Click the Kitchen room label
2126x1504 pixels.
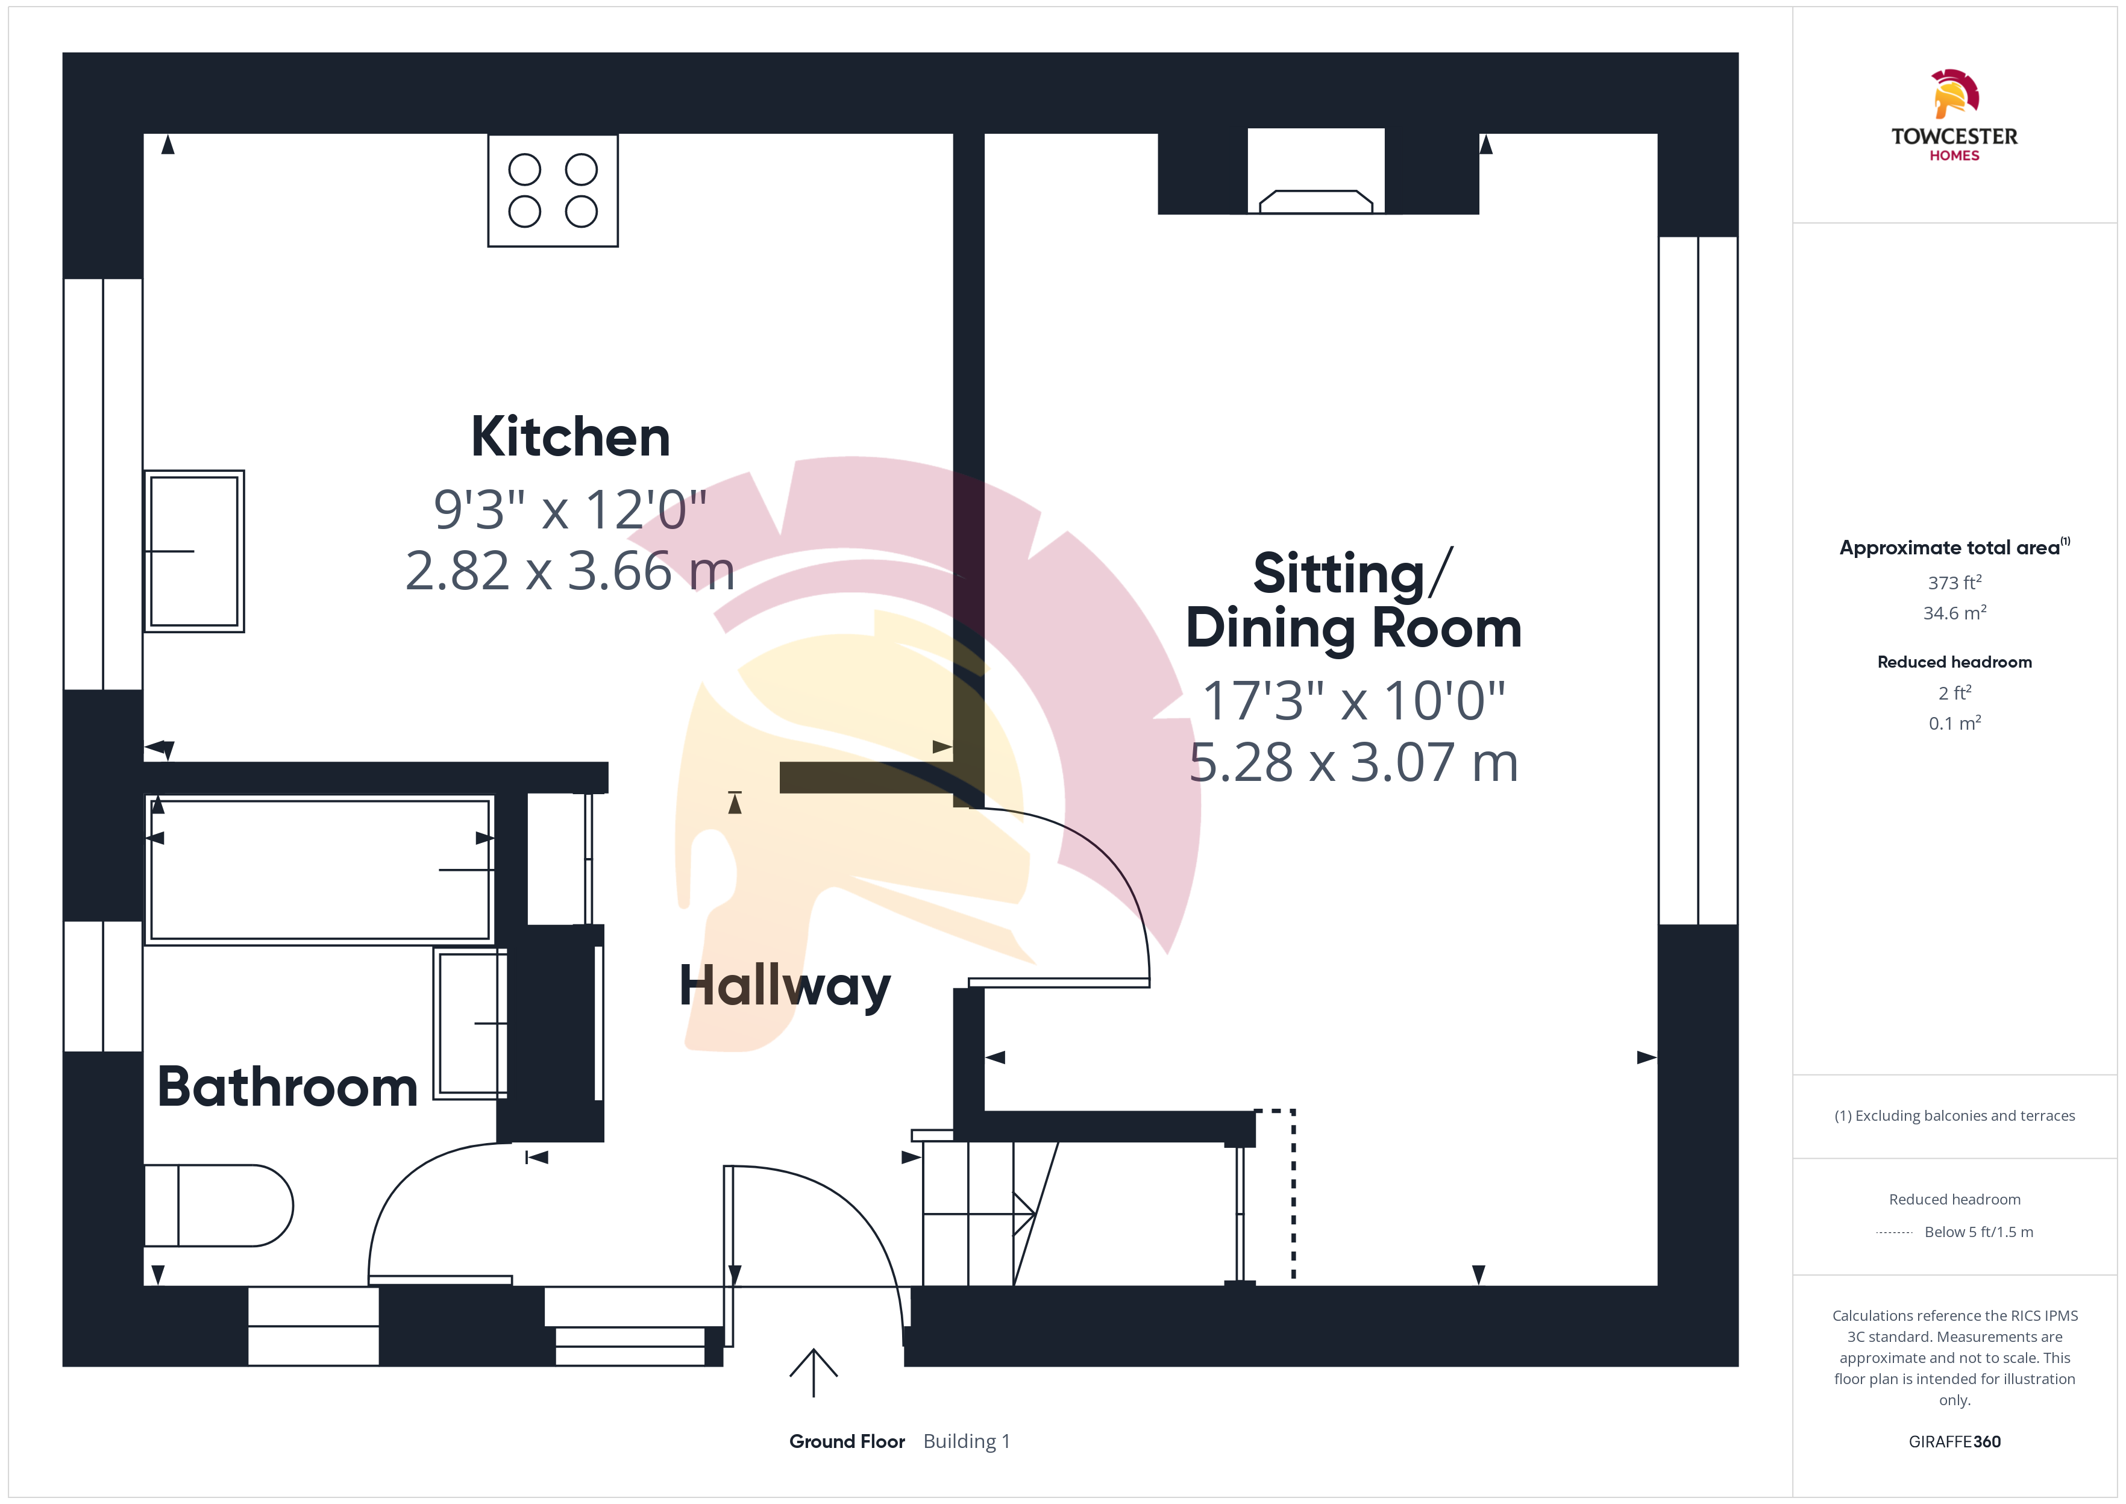tap(571, 436)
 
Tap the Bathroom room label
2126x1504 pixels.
tap(287, 1086)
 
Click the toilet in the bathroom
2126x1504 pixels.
tap(219, 1206)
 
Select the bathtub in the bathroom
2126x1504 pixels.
tap(319, 869)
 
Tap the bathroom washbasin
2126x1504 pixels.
tap(471, 1023)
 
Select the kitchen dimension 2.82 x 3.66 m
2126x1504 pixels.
tap(571, 571)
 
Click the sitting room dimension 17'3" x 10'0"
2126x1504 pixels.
tap(1353, 700)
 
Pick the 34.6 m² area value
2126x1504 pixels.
tap(1955, 613)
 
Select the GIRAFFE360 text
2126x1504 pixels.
tap(1955, 1441)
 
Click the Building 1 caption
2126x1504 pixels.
tap(967, 1441)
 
